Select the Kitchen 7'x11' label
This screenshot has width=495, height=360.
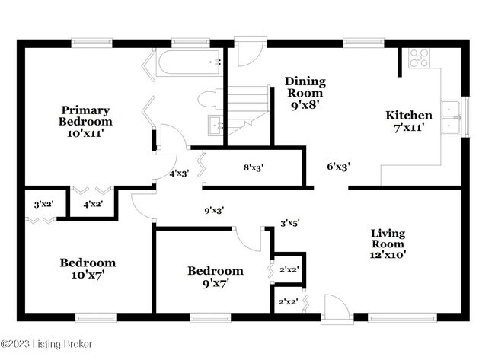(x=409, y=121)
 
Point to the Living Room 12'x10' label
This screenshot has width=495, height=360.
(x=388, y=244)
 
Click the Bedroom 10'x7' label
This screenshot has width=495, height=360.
(x=88, y=269)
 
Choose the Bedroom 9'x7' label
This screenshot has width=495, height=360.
(x=216, y=277)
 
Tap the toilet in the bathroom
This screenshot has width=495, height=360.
(x=209, y=99)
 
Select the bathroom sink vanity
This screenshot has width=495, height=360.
(x=216, y=126)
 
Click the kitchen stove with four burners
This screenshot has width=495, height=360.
(x=420, y=59)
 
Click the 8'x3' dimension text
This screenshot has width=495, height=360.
(x=254, y=168)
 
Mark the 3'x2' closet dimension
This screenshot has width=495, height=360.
(x=43, y=204)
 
